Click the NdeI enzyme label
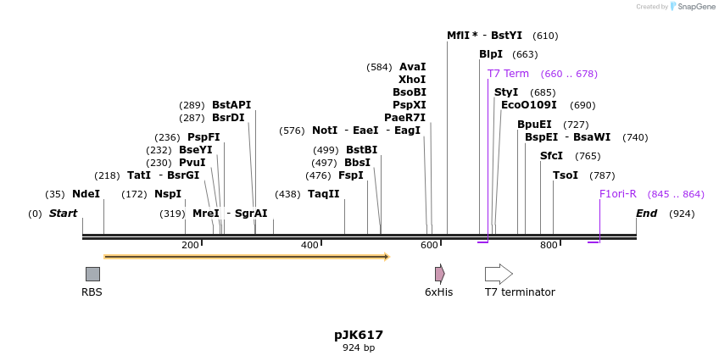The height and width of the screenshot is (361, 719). (x=86, y=194)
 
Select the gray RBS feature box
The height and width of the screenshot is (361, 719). (x=92, y=274)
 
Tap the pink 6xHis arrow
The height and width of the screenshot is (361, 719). (x=439, y=274)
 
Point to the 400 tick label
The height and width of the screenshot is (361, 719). (x=310, y=246)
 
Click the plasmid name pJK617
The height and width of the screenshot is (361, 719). (x=359, y=335)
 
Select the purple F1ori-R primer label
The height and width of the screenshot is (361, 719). (x=618, y=194)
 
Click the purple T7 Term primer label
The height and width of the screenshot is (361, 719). (x=508, y=74)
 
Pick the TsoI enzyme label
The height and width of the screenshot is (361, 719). (x=566, y=175)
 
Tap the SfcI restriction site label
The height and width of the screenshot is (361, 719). (x=551, y=156)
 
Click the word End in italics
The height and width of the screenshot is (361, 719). (x=646, y=214)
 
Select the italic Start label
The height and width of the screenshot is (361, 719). (x=63, y=214)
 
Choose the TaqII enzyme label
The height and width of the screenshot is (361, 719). (x=324, y=194)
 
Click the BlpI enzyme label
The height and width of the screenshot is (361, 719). (x=491, y=54)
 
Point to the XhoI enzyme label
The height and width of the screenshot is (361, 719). (x=412, y=79)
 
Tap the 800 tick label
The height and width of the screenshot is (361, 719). (x=549, y=246)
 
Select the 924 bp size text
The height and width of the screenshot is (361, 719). (x=359, y=348)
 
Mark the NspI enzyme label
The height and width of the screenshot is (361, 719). (x=168, y=194)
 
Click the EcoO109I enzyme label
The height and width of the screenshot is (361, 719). (x=529, y=105)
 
